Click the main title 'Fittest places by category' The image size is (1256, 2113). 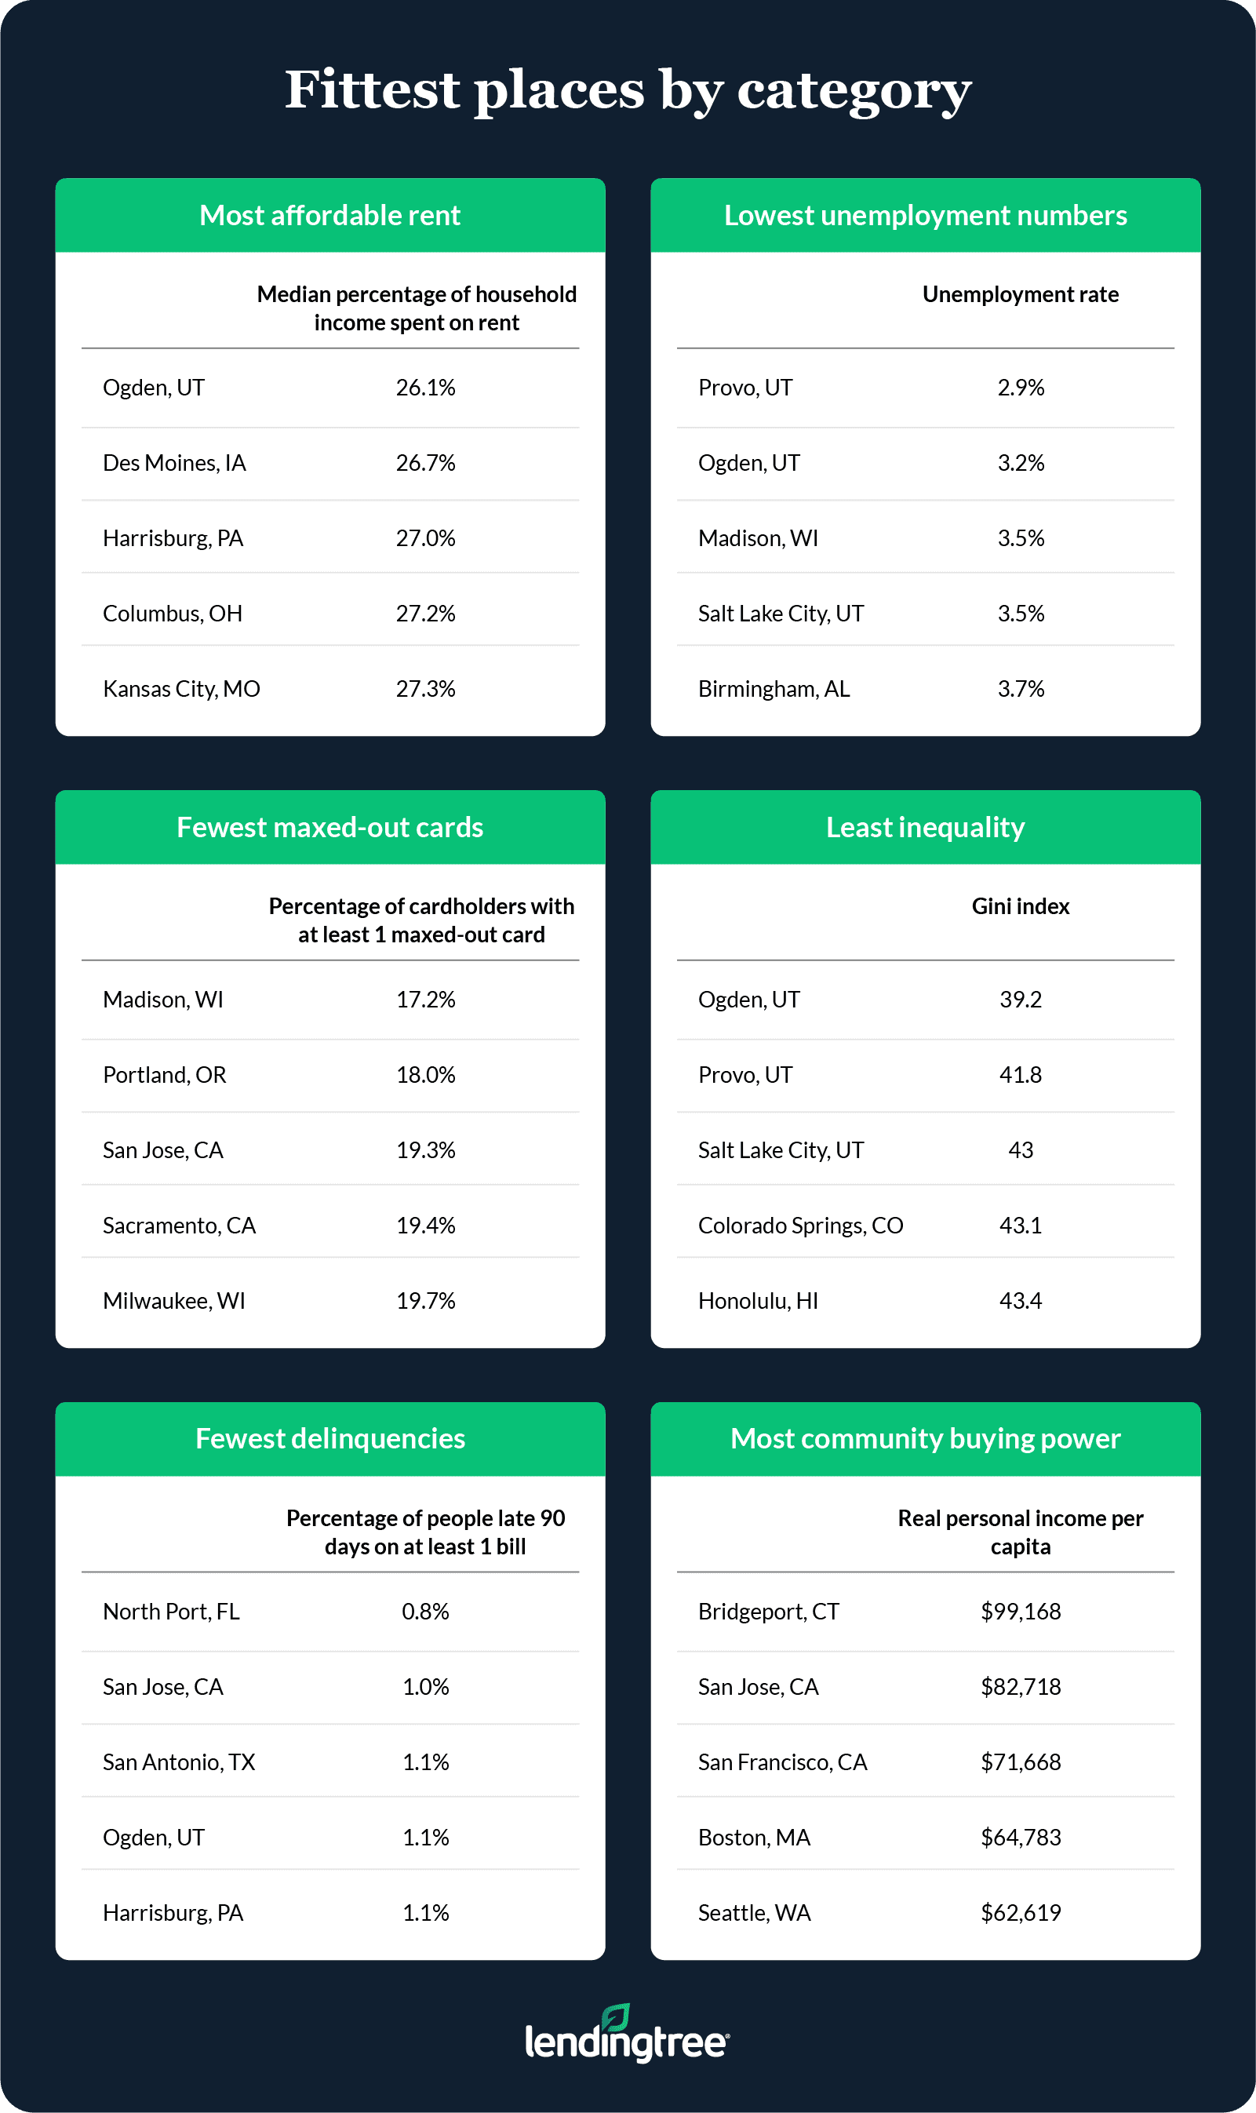[x=627, y=89]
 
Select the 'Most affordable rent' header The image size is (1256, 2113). [x=330, y=215]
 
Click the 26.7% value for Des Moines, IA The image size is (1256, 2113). [x=426, y=463]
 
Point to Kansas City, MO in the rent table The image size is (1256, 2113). [x=181, y=689]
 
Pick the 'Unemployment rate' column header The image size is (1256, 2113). [x=1020, y=294]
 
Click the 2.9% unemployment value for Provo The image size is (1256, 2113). [x=1021, y=388]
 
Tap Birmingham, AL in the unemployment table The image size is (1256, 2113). [x=774, y=689]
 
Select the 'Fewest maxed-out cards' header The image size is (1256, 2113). [x=330, y=827]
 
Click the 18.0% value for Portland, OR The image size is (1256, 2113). [x=426, y=1075]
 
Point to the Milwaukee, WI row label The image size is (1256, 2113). [x=173, y=1301]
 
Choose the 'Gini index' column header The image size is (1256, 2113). [x=1020, y=906]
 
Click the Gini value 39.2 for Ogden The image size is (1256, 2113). [x=1020, y=1000]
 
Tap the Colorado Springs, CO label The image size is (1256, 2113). [x=801, y=1226]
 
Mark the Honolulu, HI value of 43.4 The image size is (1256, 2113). [x=1020, y=1301]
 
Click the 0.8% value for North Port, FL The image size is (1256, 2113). [x=426, y=1611]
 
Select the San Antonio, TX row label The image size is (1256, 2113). [x=179, y=1761]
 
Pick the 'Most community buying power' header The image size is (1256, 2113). [x=925, y=1438]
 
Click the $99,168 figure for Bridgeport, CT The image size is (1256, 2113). [x=1020, y=1611]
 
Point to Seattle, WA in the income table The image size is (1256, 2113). [x=754, y=1912]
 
